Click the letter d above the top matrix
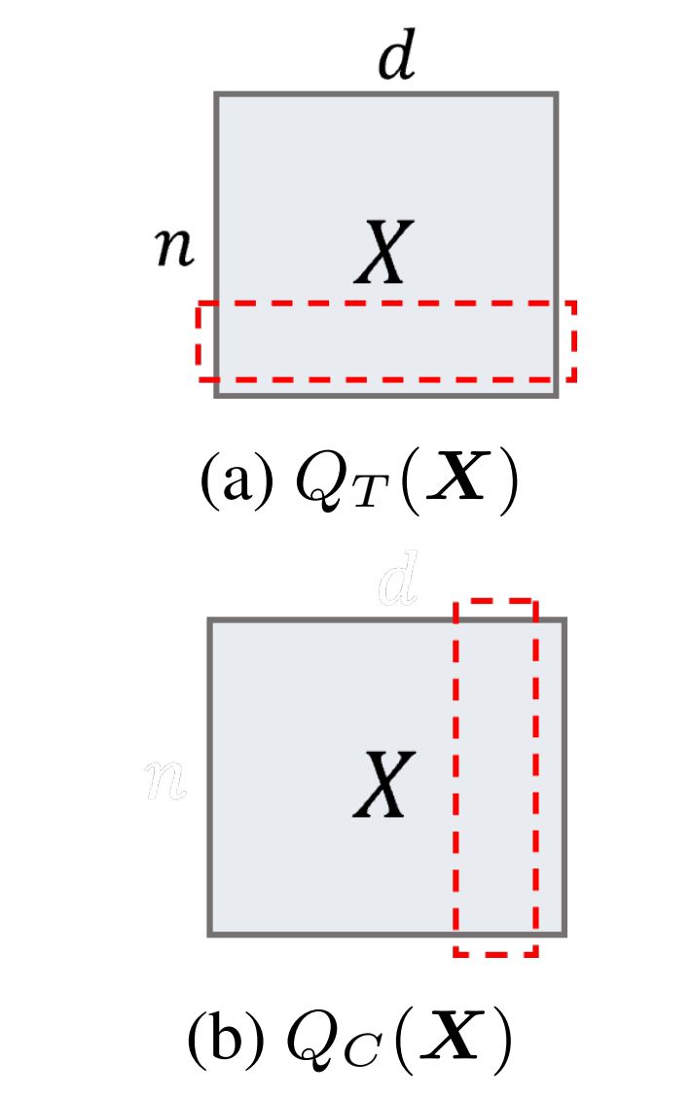click(398, 61)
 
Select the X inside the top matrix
click(383, 252)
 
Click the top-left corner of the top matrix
click(216, 94)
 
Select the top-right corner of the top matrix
click(556, 94)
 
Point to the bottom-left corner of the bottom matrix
click(210, 935)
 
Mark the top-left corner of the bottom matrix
click(210, 619)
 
